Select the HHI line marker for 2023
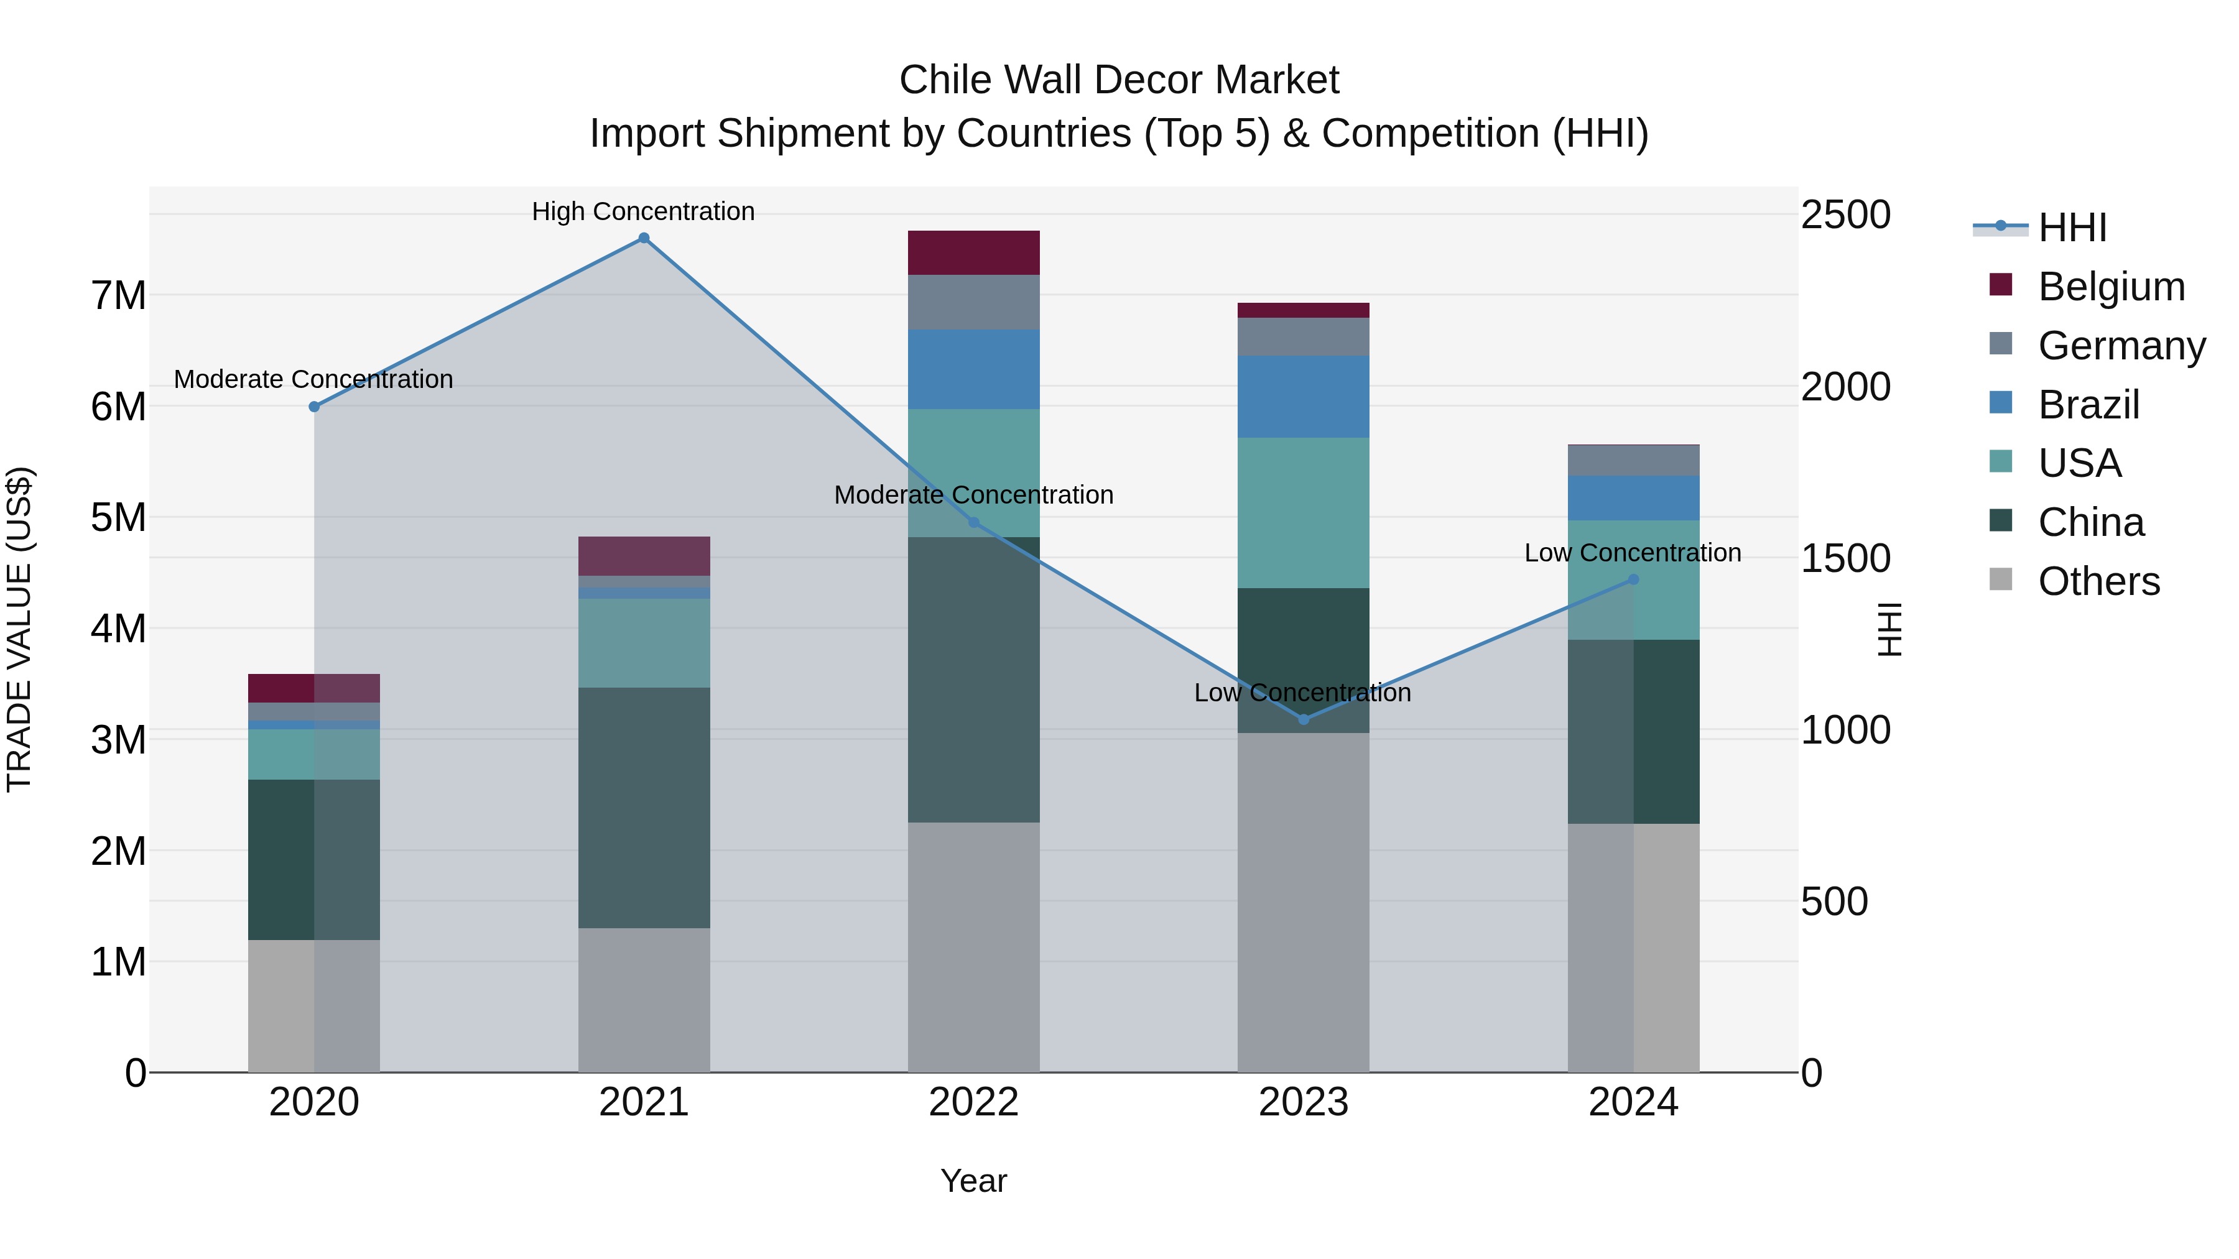[1303, 719]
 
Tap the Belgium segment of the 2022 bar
[973, 253]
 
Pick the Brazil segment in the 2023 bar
[1303, 396]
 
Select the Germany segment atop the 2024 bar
[1633, 461]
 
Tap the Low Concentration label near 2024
[1633, 553]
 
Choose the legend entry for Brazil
[2088, 405]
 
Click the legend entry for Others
[2098, 581]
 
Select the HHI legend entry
[2072, 228]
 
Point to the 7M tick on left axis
[118, 295]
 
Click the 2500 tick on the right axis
[1845, 214]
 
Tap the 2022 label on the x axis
[973, 1102]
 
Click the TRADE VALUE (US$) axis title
[19, 629]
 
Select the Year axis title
[973, 1181]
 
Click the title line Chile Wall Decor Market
[1119, 80]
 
